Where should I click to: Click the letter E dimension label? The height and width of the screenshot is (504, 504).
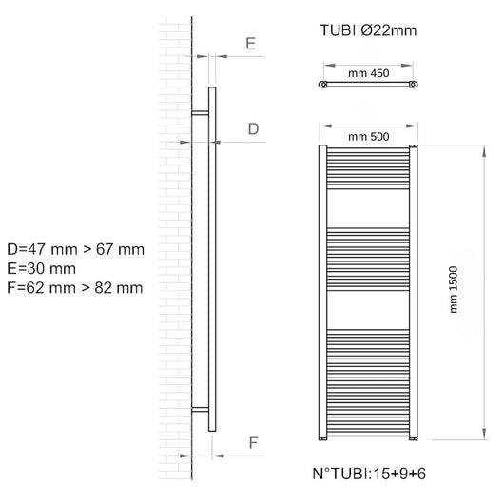click(250, 43)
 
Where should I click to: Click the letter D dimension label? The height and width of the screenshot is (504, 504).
click(253, 128)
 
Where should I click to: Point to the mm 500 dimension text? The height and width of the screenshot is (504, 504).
click(369, 136)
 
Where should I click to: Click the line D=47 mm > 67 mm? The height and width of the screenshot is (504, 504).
click(74, 249)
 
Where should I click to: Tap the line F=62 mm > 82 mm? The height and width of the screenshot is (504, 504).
click(74, 287)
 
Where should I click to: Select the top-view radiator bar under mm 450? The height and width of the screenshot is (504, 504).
click(369, 86)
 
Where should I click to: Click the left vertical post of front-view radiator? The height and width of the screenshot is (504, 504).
click(322, 295)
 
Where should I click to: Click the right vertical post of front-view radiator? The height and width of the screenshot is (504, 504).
click(415, 295)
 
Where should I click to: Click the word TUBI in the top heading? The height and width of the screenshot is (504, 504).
click(338, 29)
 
